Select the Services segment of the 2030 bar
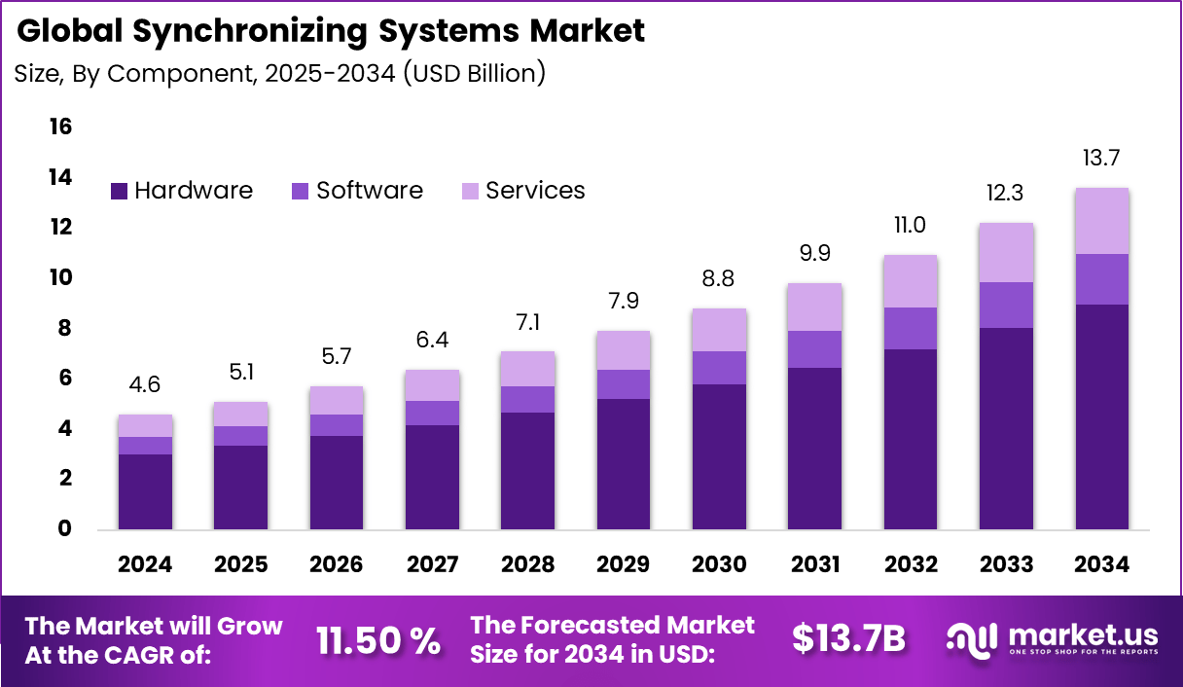719,330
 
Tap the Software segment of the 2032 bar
911,328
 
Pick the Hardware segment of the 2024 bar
145,491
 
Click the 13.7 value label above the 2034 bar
1102,158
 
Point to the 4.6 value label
145,384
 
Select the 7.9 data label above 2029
624,301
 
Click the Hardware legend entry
182,191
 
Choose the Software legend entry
358,191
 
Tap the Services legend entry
523,191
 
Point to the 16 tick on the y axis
60,127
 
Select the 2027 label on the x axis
432,565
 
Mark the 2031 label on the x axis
815,565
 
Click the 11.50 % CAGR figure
377,639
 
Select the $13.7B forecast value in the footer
848,639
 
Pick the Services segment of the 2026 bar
337,400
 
